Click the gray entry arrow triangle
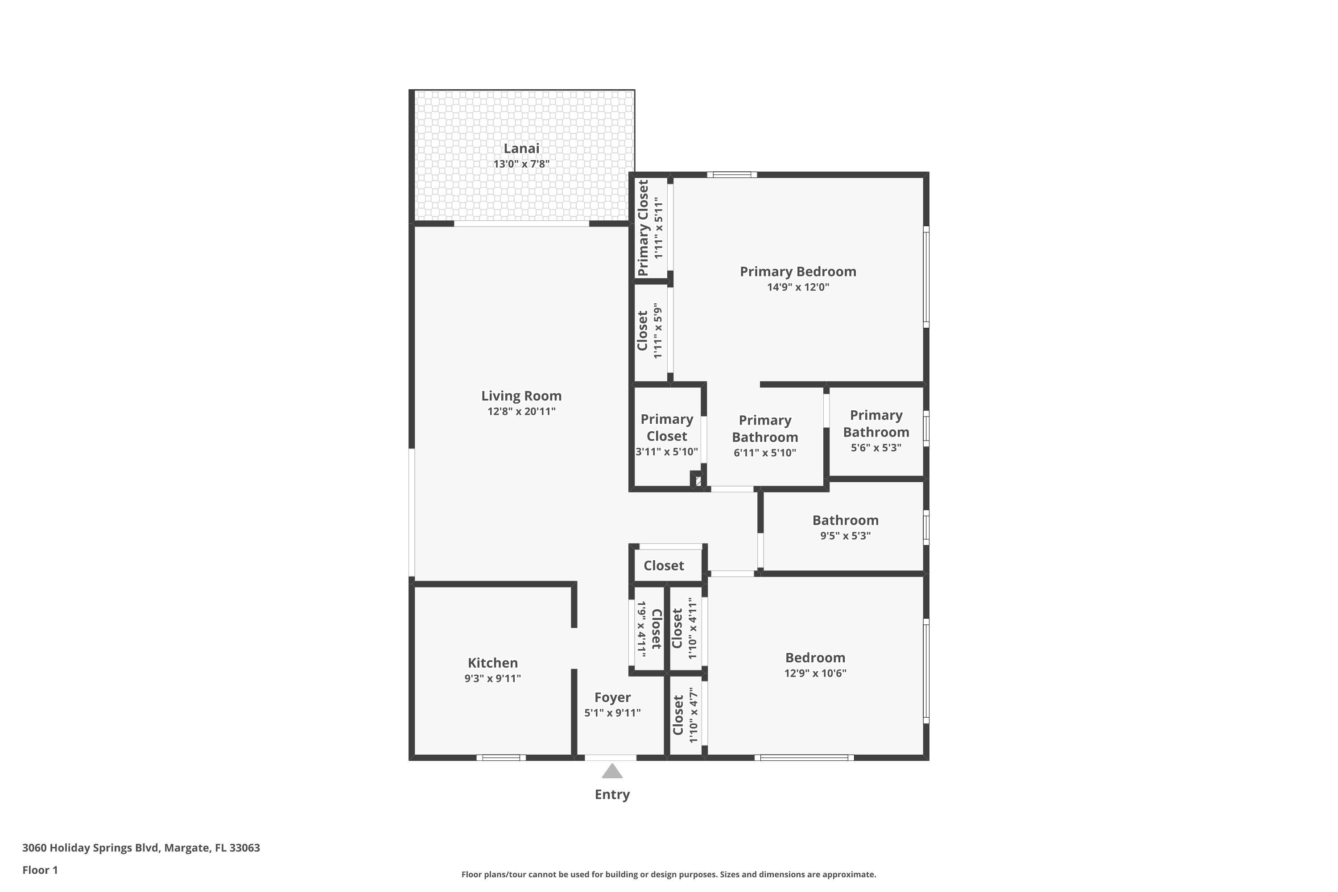[x=612, y=772]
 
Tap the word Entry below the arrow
[x=612, y=795]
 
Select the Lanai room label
[x=521, y=149]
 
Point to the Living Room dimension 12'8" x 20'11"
[x=521, y=411]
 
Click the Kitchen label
[x=493, y=663]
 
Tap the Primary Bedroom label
[x=797, y=271]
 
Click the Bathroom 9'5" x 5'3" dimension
[x=845, y=535]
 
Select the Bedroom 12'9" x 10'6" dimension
[x=815, y=673]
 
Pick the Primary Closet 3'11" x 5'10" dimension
[x=666, y=452]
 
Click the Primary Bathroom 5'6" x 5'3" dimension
[x=875, y=448]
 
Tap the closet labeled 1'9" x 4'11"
[x=648, y=628]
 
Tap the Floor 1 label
[x=40, y=870]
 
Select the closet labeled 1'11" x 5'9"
[x=650, y=330]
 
